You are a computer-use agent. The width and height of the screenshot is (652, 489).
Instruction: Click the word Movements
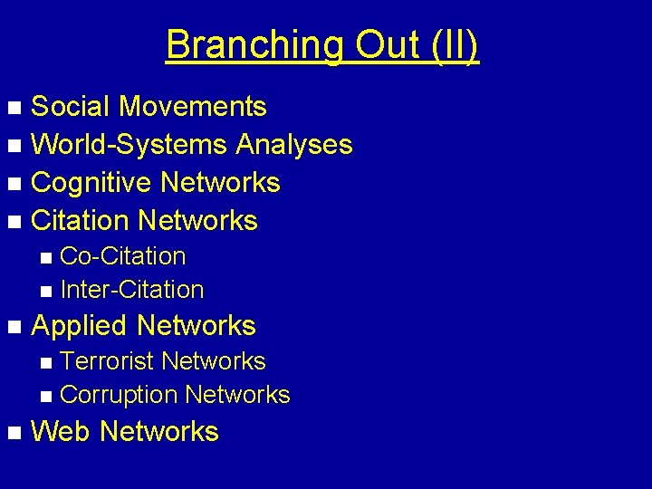click(193, 107)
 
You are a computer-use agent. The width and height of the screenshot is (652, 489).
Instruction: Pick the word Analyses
click(294, 145)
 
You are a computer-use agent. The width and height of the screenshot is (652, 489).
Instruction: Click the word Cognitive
click(91, 183)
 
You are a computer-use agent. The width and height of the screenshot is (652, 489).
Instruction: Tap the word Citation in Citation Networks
click(80, 221)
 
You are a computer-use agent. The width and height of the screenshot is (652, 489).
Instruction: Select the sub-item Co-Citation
click(122, 256)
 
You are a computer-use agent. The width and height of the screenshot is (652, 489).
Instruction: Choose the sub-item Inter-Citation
click(131, 291)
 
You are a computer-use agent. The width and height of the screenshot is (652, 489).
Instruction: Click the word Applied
click(80, 326)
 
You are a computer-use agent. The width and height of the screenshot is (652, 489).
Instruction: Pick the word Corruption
click(118, 395)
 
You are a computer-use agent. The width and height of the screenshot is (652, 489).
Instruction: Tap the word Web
click(61, 432)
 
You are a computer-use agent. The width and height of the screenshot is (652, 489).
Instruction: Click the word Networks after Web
click(159, 432)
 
